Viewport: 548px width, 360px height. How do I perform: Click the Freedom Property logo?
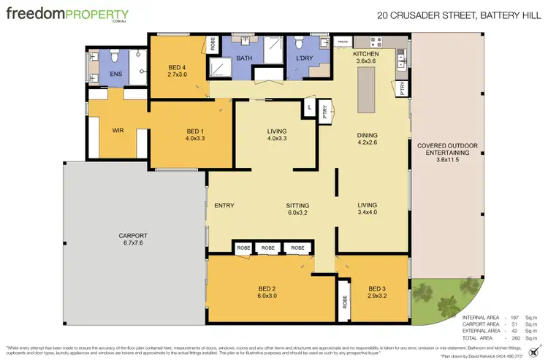pyautogui.click(x=66, y=15)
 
